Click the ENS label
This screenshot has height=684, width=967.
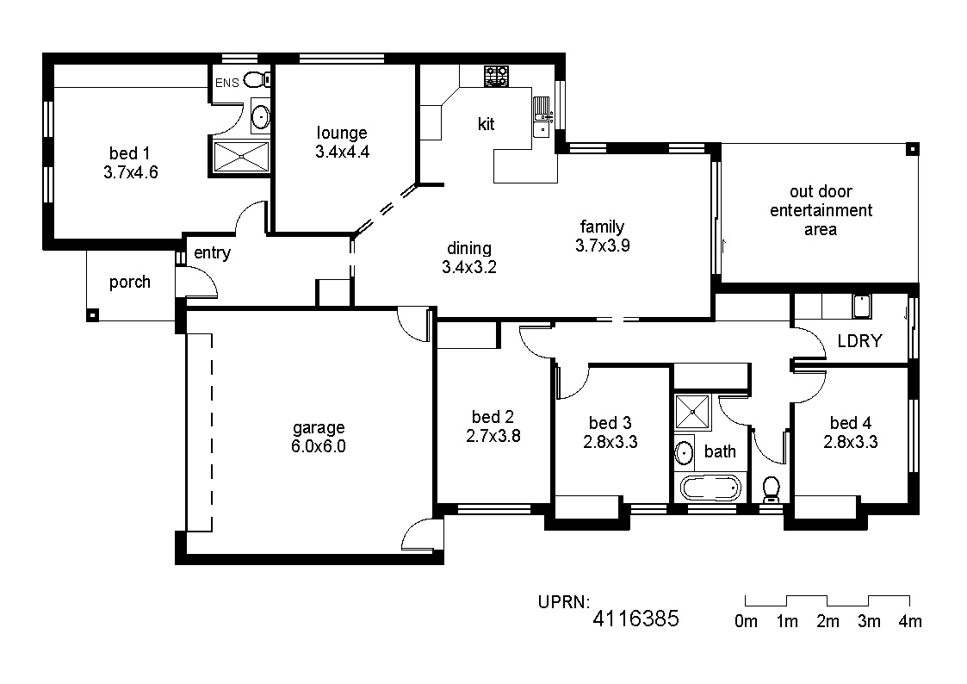227,83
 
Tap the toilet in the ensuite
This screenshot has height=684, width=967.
257,79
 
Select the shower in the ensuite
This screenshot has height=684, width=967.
241,157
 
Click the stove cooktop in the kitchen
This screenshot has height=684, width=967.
496,77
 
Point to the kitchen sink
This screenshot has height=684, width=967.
542,116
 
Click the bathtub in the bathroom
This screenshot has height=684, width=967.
710,488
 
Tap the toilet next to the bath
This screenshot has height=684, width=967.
771,489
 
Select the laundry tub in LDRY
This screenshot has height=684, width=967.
862,306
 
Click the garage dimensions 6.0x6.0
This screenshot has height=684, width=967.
319,446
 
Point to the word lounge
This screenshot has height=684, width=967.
342,134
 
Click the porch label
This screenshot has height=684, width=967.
129,283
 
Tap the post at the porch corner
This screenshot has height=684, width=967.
92,316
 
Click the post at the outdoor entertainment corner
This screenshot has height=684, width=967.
912,149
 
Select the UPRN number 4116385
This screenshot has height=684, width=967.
635,618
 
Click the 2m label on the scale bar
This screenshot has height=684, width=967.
828,621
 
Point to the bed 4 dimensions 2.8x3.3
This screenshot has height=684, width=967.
851,442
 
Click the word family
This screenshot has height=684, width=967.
602,227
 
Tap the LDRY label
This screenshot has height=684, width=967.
859,341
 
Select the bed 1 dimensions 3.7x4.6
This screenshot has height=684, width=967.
131,172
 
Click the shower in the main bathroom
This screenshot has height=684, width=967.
692,412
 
